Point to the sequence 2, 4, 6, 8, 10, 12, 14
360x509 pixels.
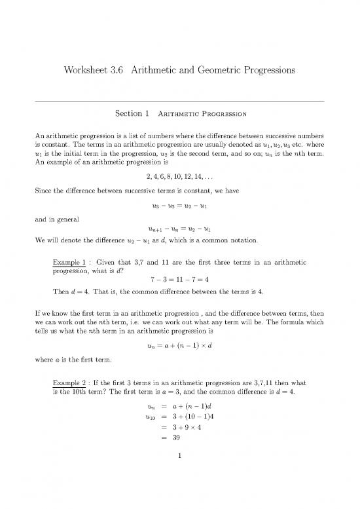click(179, 179)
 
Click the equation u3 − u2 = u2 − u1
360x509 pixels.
click(179, 205)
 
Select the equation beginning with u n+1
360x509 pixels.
click(179, 231)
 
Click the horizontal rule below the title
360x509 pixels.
click(179, 101)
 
